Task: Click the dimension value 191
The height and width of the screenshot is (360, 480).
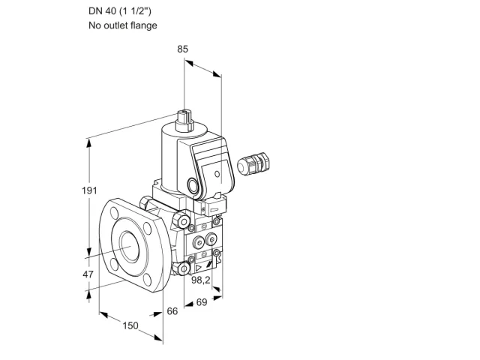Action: pyautogui.click(x=89, y=190)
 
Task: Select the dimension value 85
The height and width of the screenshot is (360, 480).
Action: pyautogui.click(x=183, y=49)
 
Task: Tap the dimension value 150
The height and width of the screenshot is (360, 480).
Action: pyautogui.click(x=130, y=325)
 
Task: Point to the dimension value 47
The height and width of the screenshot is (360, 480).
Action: pyautogui.click(x=88, y=274)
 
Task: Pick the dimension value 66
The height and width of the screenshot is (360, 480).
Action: pyautogui.click(x=172, y=311)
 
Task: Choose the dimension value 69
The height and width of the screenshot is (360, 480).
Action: pyautogui.click(x=202, y=302)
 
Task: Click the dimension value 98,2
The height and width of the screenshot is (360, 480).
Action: pyautogui.click(x=201, y=280)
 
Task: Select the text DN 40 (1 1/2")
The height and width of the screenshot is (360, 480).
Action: pyautogui.click(x=120, y=11)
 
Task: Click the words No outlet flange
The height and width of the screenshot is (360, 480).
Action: pyautogui.click(x=123, y=25)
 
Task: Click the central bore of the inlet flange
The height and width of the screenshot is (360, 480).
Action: pyautogui.click(x=130, y=247)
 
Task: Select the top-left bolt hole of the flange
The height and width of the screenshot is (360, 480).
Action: pyautogui.click(x=114, y=213)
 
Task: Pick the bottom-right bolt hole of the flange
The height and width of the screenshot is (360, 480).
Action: pyautogui.click(x=148, y=280)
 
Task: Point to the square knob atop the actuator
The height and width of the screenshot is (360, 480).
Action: pyautogui.click(x=184, y=120)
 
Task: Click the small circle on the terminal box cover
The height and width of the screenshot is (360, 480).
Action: pyautogui.click(x=217, y=174)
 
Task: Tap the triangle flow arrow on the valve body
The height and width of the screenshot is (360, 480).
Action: pyautogui.click(x=198, y=268)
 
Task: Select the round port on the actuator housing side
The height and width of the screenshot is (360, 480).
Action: pyautogui.click(x=193, y=186)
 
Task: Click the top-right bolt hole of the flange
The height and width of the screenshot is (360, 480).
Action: pyautogui.click(x=147, y=228)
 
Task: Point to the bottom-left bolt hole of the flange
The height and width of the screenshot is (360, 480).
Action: pyautogui.click(x=114, y=265)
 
